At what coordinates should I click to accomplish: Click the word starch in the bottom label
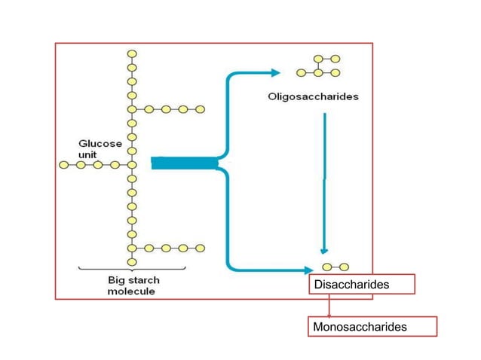143,279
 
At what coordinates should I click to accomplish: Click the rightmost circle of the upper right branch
200,109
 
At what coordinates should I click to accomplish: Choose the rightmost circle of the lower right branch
200,247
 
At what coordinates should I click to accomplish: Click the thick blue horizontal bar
185,163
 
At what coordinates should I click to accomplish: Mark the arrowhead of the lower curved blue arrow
308,269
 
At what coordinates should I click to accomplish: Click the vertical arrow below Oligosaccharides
324,181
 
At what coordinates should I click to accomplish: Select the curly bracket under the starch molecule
133,269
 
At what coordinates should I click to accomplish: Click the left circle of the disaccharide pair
326,267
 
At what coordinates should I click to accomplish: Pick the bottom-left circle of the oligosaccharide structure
301,73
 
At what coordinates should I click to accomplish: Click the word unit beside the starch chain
88,154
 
